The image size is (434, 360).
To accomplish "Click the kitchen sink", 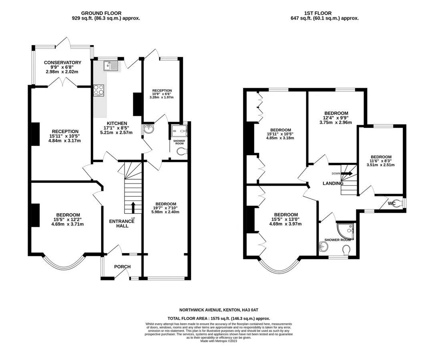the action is click(111, 66).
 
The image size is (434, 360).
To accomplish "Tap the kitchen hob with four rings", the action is click(99, 90).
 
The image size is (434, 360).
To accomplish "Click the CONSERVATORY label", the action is click(62, 62).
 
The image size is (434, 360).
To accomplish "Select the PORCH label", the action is click(123, 266).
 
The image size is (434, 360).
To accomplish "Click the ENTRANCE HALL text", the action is click(122, 224).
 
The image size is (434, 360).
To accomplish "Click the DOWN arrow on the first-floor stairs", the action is click(347, 174).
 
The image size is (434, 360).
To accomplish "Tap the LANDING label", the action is click(333, 183).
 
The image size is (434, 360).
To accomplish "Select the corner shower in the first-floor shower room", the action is click(346, 230).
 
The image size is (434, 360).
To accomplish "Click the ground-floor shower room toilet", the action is click(182, 152).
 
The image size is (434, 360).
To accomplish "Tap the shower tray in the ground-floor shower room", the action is click(179, 131).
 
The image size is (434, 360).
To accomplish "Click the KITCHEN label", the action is click(117, 123).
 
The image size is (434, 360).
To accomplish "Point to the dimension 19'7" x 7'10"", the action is click(165, 208).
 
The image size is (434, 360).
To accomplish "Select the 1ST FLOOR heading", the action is click(318, 13).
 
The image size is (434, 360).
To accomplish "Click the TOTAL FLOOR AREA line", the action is click(219, 318).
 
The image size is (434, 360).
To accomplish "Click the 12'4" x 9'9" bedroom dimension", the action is click(336, 118).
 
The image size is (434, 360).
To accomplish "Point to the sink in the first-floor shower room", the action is click(323, 246).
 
